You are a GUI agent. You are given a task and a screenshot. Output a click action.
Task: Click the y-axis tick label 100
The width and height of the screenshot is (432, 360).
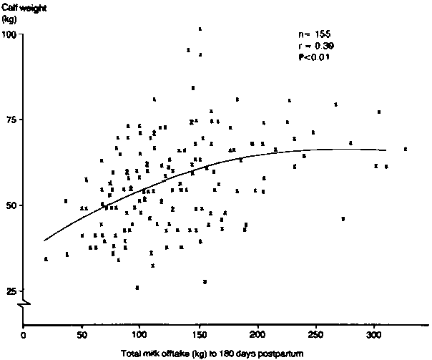[10, 34]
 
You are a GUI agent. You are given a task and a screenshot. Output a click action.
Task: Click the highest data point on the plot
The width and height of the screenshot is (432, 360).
[200, 29]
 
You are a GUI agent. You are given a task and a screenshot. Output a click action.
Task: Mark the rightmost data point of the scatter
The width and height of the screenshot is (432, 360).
[406, 149]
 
